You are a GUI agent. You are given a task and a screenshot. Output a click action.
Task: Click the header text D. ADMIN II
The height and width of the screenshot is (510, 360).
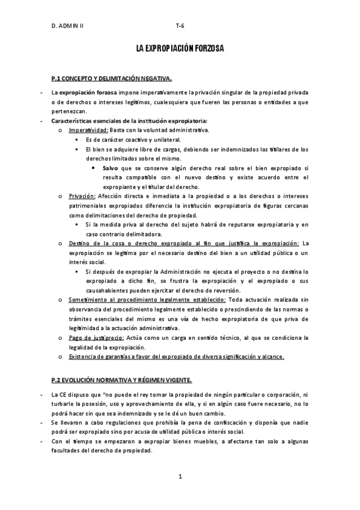point(67,26)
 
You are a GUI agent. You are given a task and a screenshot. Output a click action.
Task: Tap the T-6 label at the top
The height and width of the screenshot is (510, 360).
point(180,26)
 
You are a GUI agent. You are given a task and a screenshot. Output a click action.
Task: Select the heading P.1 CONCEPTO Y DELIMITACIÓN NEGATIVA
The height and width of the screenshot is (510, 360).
point(112,79)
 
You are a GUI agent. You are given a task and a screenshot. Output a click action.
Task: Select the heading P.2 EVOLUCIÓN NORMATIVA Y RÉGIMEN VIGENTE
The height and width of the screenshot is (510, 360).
point(122,380)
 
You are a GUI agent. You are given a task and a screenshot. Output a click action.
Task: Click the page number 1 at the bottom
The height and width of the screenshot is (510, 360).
point(180,477)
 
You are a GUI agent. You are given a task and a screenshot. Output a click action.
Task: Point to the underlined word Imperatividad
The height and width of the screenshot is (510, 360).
point(88,130)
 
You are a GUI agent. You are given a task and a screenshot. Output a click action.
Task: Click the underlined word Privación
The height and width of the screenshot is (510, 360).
point(82,196)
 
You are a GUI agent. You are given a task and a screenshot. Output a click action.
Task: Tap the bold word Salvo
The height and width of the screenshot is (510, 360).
point(110,168)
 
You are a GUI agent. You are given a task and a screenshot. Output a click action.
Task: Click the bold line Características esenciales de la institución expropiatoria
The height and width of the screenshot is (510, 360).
point(129,121)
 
